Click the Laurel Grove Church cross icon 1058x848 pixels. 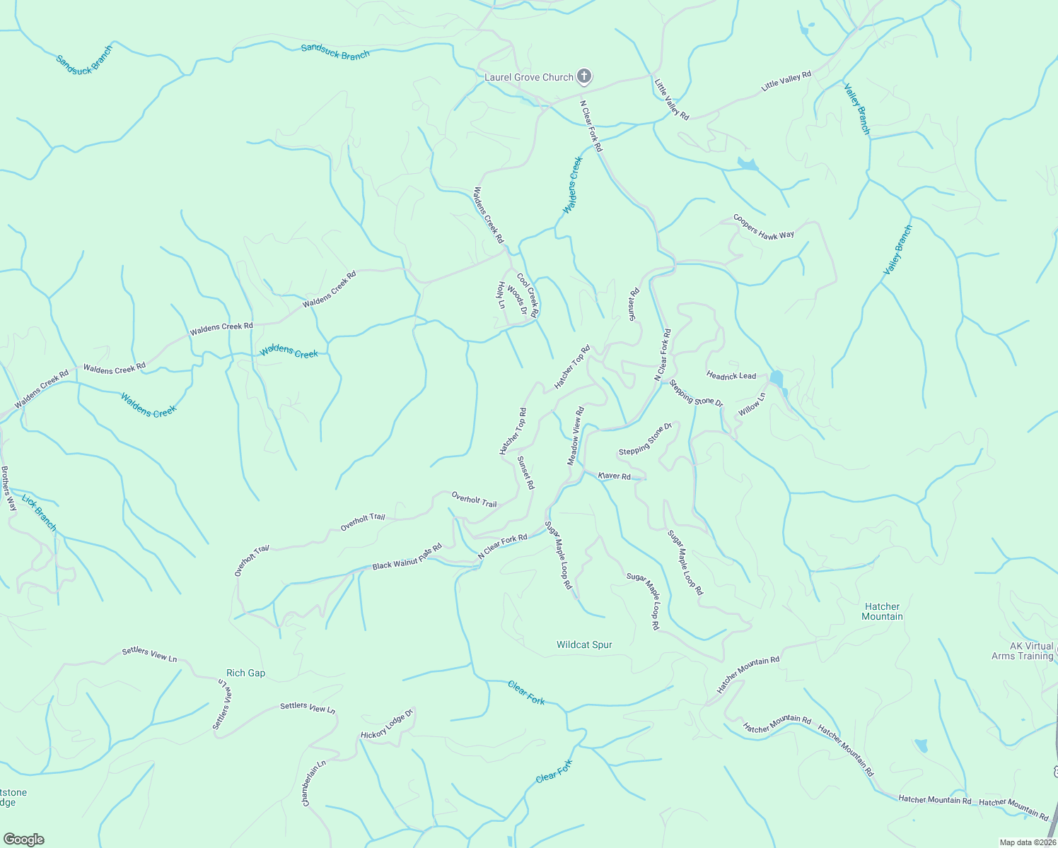584,76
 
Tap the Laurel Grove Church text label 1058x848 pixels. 528,77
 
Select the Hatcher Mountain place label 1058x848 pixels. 882,611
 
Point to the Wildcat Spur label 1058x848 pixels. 584,644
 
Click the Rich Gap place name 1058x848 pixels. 245,673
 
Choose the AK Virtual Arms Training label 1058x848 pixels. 1022,651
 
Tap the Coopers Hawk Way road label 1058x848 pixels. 763,227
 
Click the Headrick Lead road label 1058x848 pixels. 731,375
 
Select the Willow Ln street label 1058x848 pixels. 752,405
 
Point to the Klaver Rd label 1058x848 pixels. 614,476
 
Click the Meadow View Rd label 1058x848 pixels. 576,436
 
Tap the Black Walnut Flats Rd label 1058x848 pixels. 407,557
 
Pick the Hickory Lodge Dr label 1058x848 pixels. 386,725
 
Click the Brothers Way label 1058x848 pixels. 8,488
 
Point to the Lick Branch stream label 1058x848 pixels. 39,513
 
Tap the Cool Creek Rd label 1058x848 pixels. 528,295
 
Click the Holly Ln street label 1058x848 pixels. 501,295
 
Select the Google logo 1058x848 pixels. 23,840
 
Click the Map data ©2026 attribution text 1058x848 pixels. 1027,842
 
